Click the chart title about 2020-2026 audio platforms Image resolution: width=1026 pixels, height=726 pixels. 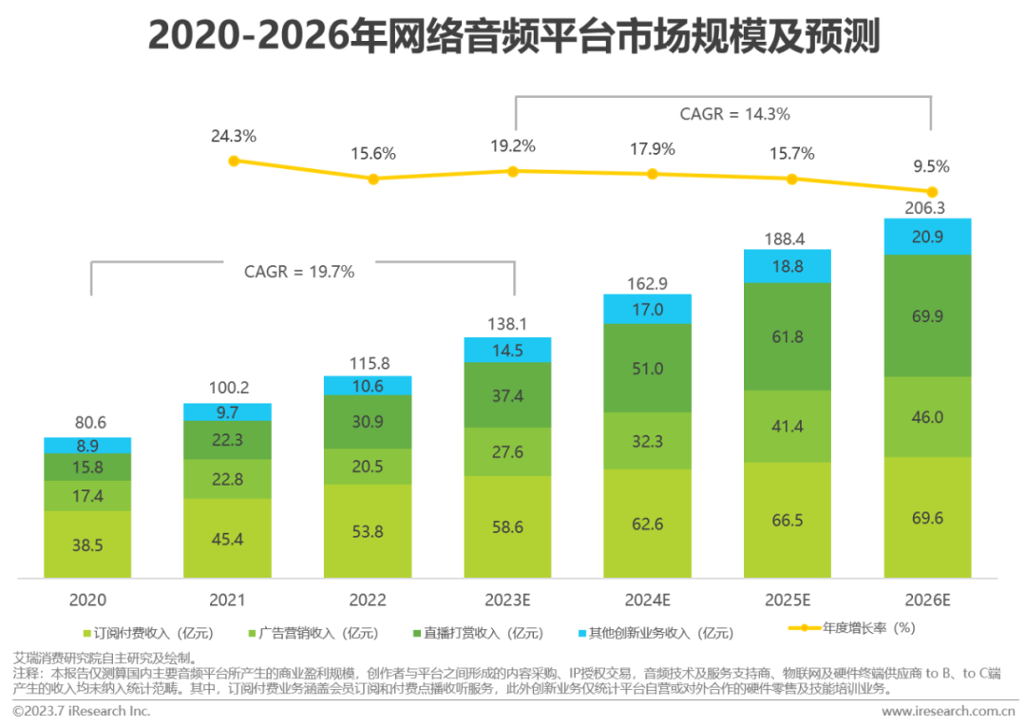513,38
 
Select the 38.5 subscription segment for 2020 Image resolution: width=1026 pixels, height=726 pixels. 87,544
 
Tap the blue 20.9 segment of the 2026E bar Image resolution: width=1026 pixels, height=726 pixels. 928,237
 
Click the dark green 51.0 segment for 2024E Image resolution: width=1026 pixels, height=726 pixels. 648,368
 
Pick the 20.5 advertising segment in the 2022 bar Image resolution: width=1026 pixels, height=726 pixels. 368,467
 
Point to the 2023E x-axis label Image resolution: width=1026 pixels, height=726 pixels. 507,601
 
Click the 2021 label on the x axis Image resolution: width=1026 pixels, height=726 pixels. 227,601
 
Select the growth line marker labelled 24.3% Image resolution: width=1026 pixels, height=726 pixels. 234,161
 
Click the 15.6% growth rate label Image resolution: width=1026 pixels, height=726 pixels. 373,154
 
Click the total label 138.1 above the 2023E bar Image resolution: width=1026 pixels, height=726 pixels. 507,325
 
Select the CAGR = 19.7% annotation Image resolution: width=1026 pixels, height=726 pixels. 299,272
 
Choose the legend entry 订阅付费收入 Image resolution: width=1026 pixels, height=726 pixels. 152,633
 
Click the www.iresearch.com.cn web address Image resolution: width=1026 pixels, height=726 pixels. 948,711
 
